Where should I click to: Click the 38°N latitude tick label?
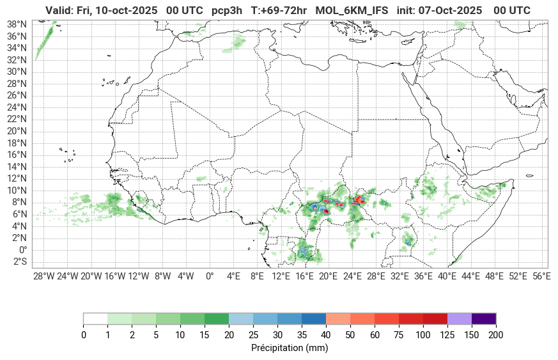pyautogui.click(x=17, y=24)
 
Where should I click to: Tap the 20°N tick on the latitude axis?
pyautogui.click(x=17, y=131)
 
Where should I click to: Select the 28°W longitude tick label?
pyautogui.click(x=43, y=276)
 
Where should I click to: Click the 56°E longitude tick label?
pyautogui.click(x=541, y=276)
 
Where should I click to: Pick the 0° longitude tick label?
pyautogui.click(x=209, y=276)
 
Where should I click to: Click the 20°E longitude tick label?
pyautogui.click(x=328, y=276)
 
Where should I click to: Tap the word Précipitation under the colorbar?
pyautogui.click(x=277, y=348)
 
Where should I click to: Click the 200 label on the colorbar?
pyautogui.click(x=496, y=335)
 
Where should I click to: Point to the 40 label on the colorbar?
pyautogui.click(x=325, y=335)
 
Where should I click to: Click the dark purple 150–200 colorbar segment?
pyautogui.click(x=484, y=318)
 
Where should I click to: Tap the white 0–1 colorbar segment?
pyautogui.click(x=95, y=318)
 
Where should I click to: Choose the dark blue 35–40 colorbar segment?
pyautogui.click(x=313, y=318)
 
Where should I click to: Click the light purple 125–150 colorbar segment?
pyautogui.click(x=459, y=318)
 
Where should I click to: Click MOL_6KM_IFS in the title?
pyautogui.click(x=352, y=10)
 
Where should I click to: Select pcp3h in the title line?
pyautogui.click(x=228, y=10)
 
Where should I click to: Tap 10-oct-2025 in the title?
pyautogui.click(x=125, y=10)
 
